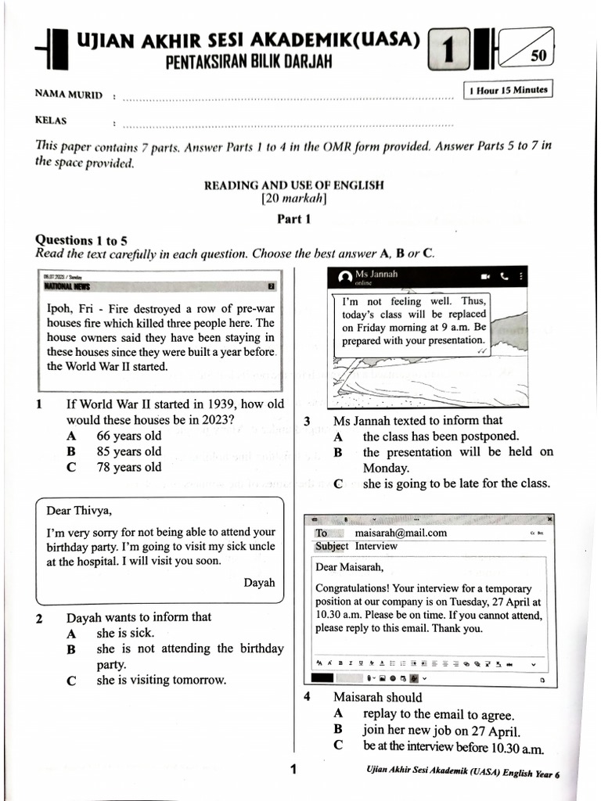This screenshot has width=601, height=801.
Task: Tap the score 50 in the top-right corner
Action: tap(538, 56)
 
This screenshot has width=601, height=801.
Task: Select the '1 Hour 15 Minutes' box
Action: tap(508, 90)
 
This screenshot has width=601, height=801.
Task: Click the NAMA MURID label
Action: tap(69, 95)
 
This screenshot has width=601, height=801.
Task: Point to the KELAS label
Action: tap(51, 120)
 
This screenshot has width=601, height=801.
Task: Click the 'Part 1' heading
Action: tap(294, 219)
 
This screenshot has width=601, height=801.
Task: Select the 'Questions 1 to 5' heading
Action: tap(81, 240)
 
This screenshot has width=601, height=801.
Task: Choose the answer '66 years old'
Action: tap(128, 436)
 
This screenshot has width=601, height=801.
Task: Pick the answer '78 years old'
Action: tap(128, 467)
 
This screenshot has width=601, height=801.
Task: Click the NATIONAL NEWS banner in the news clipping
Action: tap(68, 286)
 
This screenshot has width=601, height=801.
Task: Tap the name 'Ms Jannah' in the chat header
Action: tap(376, 274)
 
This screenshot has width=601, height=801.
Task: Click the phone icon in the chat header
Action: tap(504, 276)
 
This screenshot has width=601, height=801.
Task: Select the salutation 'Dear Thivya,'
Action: tap(79, 511)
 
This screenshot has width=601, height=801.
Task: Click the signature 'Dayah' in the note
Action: tap(259, 583)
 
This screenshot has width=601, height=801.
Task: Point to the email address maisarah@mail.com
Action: tap(401, 533)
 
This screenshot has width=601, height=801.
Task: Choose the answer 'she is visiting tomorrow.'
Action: tap(161, 680)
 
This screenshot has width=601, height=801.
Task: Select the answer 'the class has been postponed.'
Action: tap(440, 436)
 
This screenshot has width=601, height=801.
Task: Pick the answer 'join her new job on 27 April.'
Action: tap(441, 730)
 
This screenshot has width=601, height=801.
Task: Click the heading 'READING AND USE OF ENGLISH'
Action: tap(294, 185)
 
